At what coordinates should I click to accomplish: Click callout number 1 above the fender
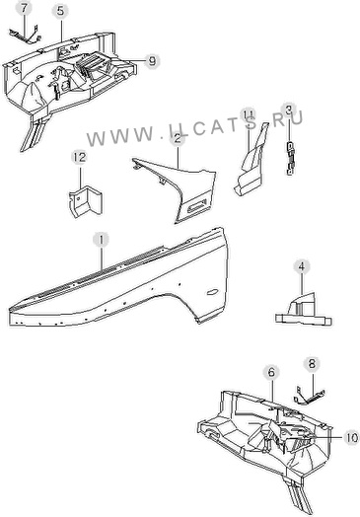click(101, 240)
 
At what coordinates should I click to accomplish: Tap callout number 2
click(178, 138)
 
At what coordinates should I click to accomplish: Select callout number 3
click(289, 111)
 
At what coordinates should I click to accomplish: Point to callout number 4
click(302, 266)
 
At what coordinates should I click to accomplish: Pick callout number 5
click(61, 11)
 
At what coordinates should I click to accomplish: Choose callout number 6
click(271, 373)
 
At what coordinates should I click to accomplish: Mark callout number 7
click(24, 9)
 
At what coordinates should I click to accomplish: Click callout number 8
click(312, 364)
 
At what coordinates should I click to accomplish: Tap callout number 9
click(152, 60)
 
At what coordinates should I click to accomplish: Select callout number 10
click(351, 437)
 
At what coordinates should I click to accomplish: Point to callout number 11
click(248, 114)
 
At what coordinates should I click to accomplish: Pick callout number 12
click(79, 157)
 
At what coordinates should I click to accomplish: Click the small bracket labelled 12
click(86, 201)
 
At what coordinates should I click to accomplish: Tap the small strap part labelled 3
click(290, 158)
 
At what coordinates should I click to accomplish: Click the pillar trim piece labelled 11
click(252, 162)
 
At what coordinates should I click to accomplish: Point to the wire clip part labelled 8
click(309, 397)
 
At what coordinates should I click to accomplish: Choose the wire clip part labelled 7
click(26, 36)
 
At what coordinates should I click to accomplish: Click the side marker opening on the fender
click(212, 292)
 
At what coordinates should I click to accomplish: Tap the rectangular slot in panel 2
click(197, 205)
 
